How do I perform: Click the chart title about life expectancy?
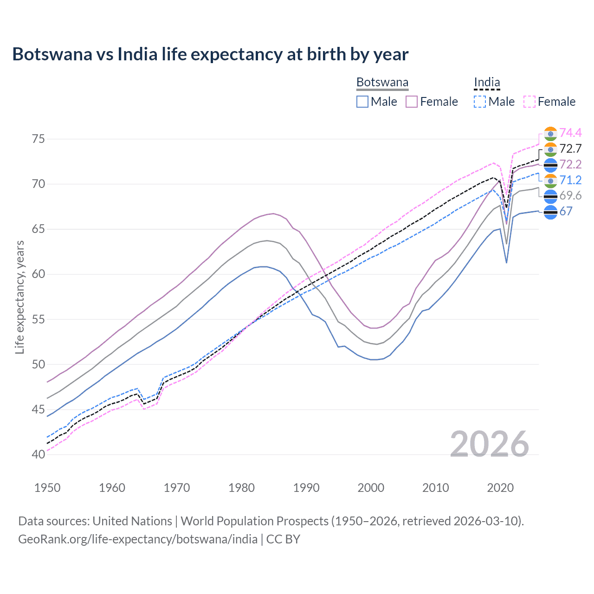(x=210, y=54)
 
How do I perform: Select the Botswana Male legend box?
(x=362, y=102)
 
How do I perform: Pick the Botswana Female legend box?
(x=412, y=102)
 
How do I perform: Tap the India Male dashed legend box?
(x=480, y=102)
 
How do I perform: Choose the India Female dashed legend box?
(x=529, y=102)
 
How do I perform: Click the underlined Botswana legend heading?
(x=382, y=83)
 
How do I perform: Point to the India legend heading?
(x=487, y=83)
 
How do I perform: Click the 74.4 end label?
(x=570, y=133)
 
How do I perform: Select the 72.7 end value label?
(x=570, y=148)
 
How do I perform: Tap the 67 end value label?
(x=566, y=211)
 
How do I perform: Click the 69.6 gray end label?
(x=570, y=195)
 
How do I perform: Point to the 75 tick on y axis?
(x=39, y=139)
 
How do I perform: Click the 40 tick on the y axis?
(x=39, y=454)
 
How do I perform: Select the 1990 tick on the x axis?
(x=306, y=488)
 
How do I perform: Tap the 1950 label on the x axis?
(x=47, y=488)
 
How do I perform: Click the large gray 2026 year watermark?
(x=489, y=444)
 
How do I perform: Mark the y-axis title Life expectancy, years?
(x=19, y=297)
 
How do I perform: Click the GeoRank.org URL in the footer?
(x=138, y=539)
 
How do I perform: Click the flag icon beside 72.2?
(x=550, y=164)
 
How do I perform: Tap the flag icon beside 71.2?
(x=550, y=180)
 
